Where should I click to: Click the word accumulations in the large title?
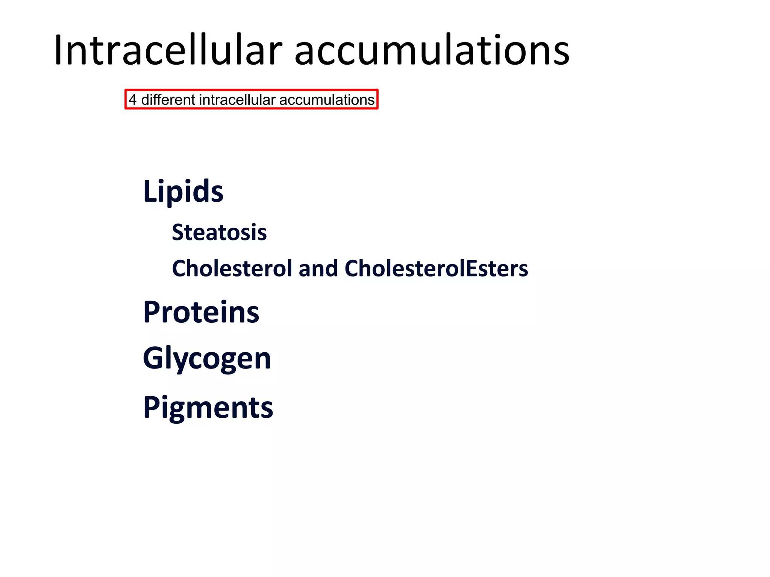point(432,51)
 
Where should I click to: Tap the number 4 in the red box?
point(132,100)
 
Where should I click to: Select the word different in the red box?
point(168,100)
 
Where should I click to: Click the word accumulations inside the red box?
point(327,100)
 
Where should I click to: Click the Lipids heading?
point(183,191)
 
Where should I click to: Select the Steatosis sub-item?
point(219,232)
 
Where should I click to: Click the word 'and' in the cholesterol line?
point(318,269)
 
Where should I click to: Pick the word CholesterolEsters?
point(436,268)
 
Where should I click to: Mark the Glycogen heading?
point(207,359)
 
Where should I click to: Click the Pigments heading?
point(208,408)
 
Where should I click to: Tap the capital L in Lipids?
point(149,191)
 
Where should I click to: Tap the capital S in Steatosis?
point(178,232)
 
